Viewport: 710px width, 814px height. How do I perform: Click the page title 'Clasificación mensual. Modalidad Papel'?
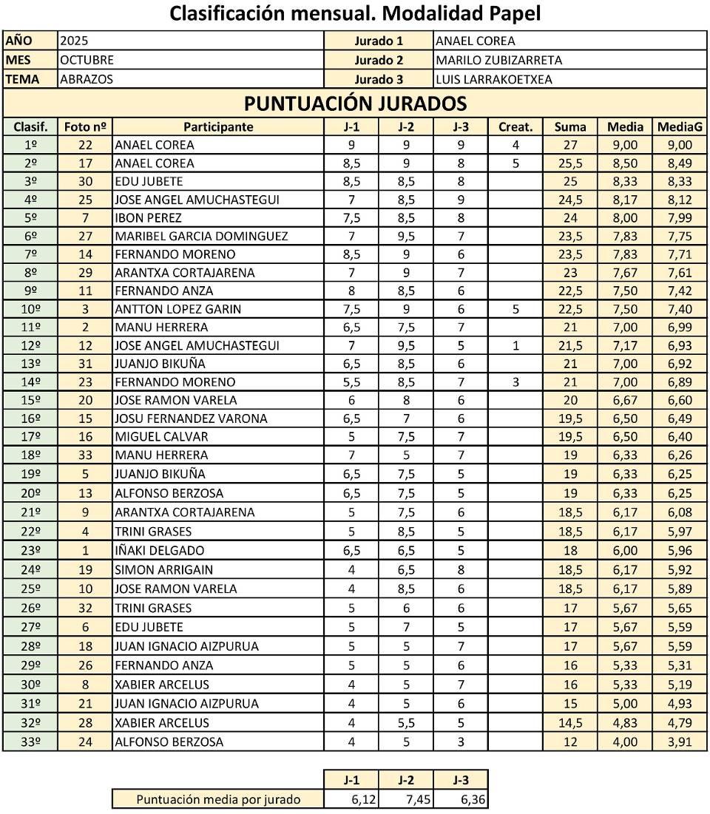point(355,13)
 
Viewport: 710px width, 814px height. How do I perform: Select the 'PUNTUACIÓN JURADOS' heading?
point(355,103)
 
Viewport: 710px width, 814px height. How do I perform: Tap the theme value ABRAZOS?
point(87,79)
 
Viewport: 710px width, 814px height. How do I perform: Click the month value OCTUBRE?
point(87,60)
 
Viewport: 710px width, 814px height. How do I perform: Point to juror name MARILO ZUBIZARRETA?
point(499,60)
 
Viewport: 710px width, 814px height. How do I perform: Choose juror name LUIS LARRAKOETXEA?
point(494,79)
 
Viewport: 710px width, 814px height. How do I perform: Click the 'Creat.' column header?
point(515,126)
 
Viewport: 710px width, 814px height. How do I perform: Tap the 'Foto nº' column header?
point(85,126)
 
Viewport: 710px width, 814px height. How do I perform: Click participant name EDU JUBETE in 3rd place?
point(149,181)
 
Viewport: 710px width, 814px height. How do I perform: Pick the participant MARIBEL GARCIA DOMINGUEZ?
point(201,236)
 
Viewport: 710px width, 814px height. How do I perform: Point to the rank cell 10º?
point(30,309)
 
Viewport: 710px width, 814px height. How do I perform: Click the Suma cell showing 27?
point(570,145)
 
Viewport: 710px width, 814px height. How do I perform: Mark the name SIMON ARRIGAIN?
point(163,569)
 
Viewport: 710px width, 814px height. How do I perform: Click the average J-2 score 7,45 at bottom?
point(405,799)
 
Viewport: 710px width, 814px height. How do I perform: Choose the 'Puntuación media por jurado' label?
point(218,799)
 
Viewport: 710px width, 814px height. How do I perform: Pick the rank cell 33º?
point(30,742)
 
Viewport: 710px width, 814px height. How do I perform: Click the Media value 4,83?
point(625,722)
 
